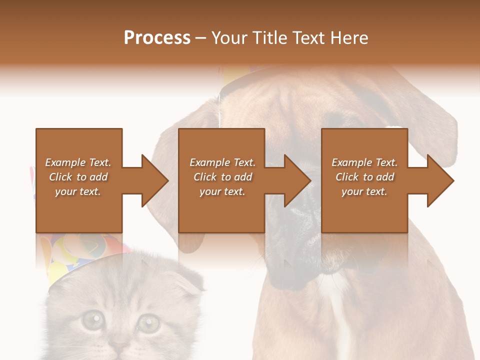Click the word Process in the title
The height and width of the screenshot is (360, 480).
[x=157, y=38]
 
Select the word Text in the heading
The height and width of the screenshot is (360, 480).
[x=307, y=38]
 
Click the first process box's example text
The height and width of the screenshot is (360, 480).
[x=78, y=177]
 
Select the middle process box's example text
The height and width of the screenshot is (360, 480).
[x=222, y=177]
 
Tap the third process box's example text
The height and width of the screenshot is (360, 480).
[x=364, y=177]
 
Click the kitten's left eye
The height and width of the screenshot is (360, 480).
[x=92, y=320]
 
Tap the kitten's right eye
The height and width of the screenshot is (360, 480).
[x=148, y=322]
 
